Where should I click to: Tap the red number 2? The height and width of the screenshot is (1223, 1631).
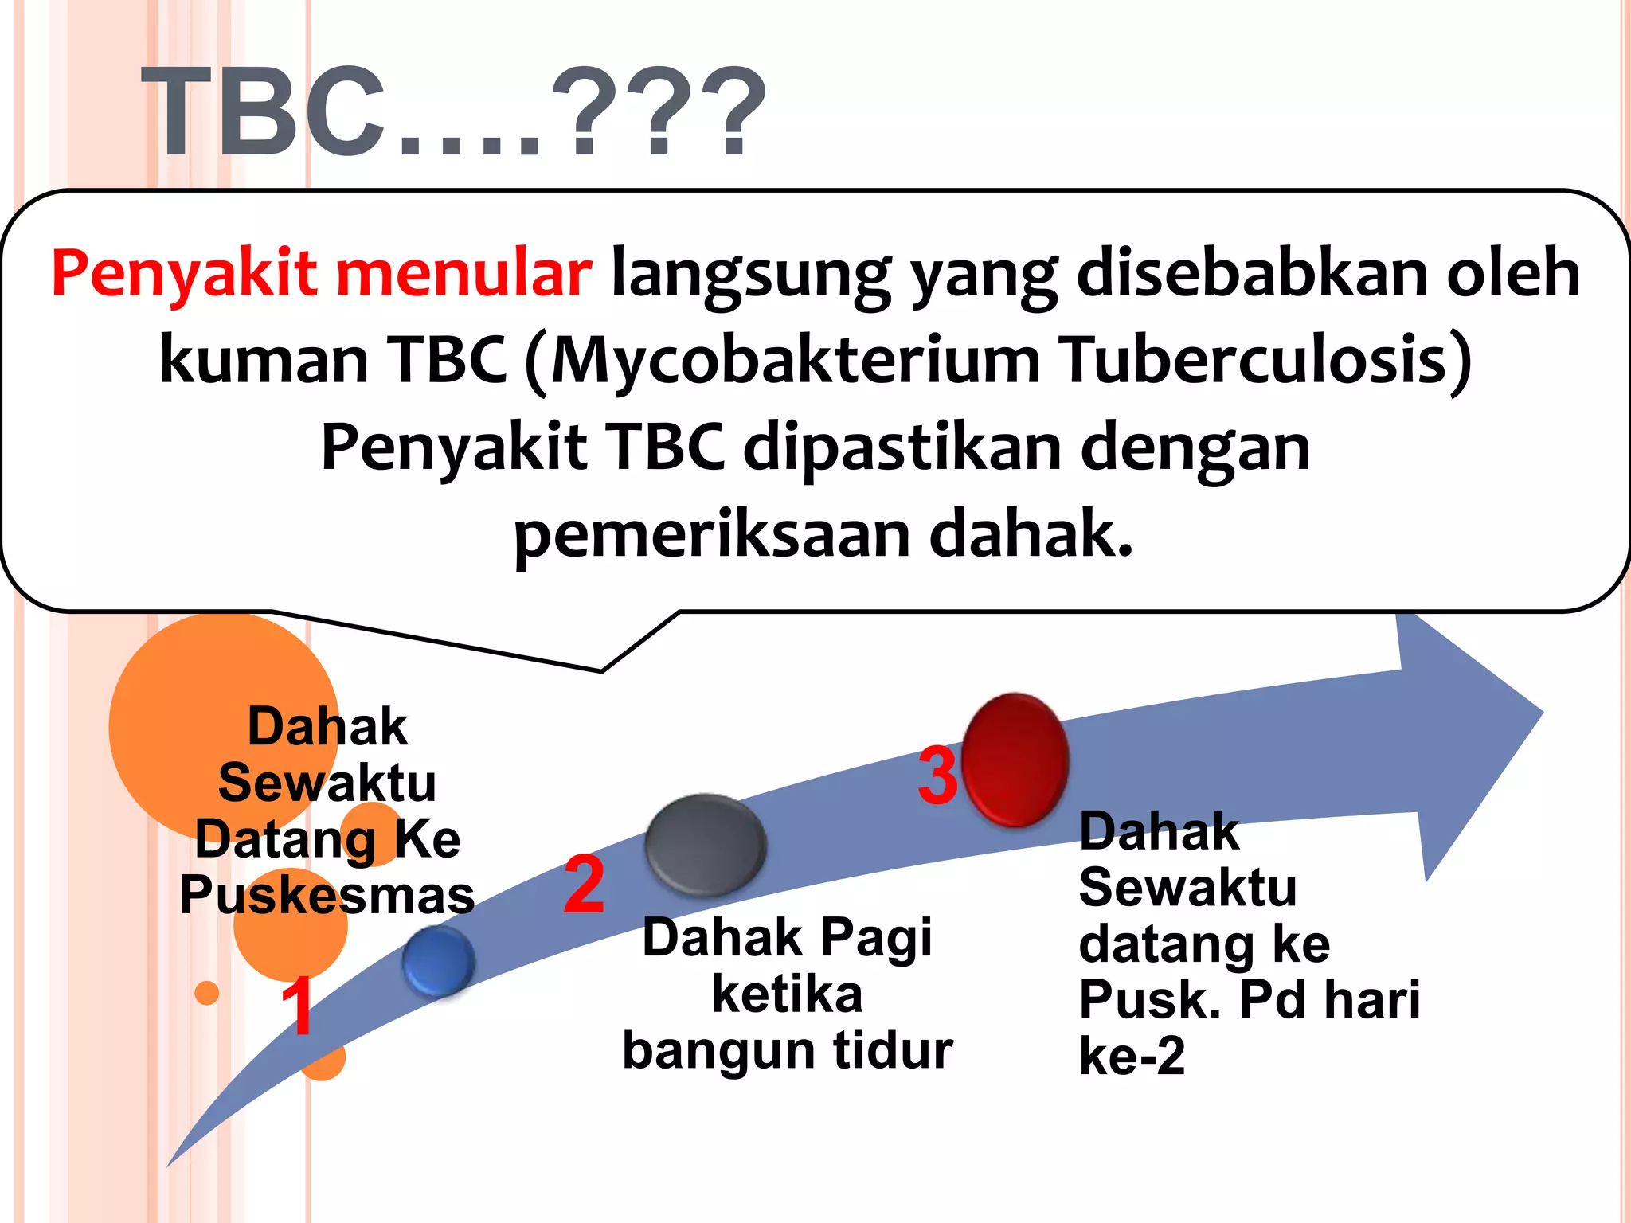pos(584,884)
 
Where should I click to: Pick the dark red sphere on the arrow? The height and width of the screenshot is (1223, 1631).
pos(1015,759)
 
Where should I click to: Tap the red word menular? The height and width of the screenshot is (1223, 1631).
pos(463,273)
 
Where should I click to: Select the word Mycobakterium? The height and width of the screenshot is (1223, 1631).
pos(795,360)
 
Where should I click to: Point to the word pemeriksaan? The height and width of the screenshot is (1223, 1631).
pos(711,535)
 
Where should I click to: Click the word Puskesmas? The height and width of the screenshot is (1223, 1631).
pos(327,895)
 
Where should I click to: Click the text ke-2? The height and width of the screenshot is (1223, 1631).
pos(1132,1056)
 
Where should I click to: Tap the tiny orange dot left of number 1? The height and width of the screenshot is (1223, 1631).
pos(207,993)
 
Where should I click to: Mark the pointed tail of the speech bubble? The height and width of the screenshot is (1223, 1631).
pos(600,670)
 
